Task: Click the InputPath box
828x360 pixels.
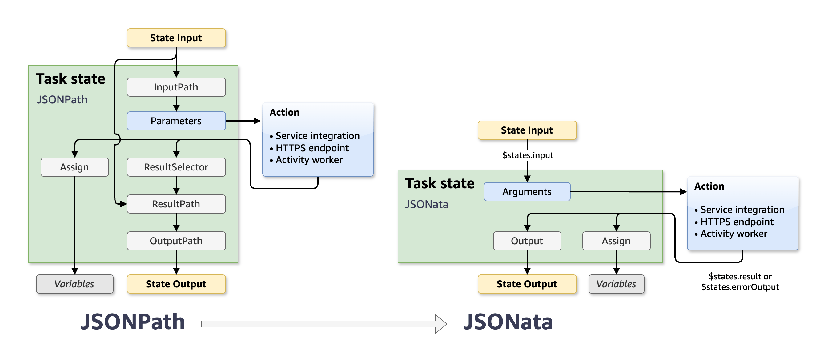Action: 176,87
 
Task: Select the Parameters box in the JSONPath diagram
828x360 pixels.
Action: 176,121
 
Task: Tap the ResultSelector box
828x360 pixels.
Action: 176,167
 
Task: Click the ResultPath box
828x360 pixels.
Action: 176,204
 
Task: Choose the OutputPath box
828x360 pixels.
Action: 176,241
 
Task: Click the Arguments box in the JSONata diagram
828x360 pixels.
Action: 527,192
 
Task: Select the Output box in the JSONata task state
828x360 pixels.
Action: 527,241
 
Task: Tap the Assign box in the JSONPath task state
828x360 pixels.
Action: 74,167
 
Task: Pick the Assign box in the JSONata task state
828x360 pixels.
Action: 616,241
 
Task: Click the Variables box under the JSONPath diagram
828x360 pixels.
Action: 74,284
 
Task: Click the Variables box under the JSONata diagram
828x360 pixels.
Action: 616,284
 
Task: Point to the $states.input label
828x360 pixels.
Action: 528,155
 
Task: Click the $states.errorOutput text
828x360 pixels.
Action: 740,287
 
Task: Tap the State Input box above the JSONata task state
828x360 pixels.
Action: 527,130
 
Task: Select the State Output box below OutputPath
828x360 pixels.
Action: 176,284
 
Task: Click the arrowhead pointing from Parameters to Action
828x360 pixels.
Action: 257,121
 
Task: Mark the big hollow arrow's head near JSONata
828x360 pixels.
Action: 441,324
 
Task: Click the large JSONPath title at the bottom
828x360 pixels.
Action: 132,322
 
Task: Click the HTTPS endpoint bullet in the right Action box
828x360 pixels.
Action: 737,222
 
